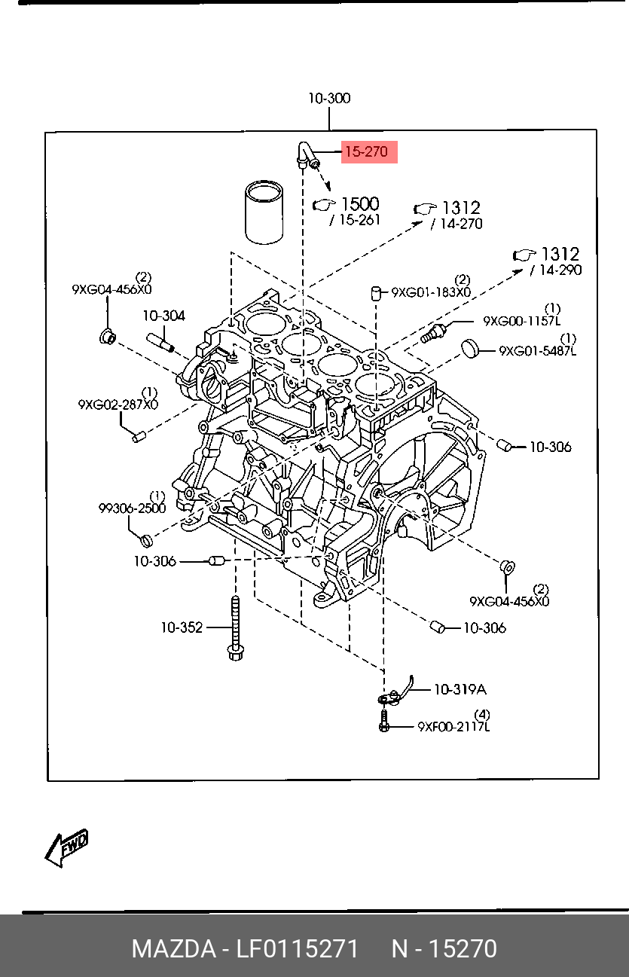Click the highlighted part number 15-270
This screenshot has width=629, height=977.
pyautogui.click(x=368, y=152)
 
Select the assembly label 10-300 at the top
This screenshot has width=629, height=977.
pyautogui.click(x=329, y=98)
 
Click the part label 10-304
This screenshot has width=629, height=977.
pyautogui.click(x=163, y=316)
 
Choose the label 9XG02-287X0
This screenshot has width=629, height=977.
pyautogui.click(x=118, y=405)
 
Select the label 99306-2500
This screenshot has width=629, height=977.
pyautogui.click(x=132, y=508)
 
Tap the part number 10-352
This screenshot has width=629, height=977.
pyautogui.click(x=181, y=627)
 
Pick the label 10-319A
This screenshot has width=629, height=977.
pyautogui.click(x=460, y=689)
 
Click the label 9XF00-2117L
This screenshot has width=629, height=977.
pyautogui.click(x=453, y=727)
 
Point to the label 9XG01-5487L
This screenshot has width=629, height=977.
pyautogui.click(x=537, y=351)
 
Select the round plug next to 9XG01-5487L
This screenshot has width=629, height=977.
pyautogui.click(x=470, y=347)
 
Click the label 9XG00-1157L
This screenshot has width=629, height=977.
pyautogui.click(x=522, y=321)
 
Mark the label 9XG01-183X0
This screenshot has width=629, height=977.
pyautogui.click(x=431, y=292)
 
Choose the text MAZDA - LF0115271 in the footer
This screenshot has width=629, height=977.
pyautogui.click(x=246, y=948)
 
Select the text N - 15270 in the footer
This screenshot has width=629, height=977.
pyautogui.click(x=444, y=948)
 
